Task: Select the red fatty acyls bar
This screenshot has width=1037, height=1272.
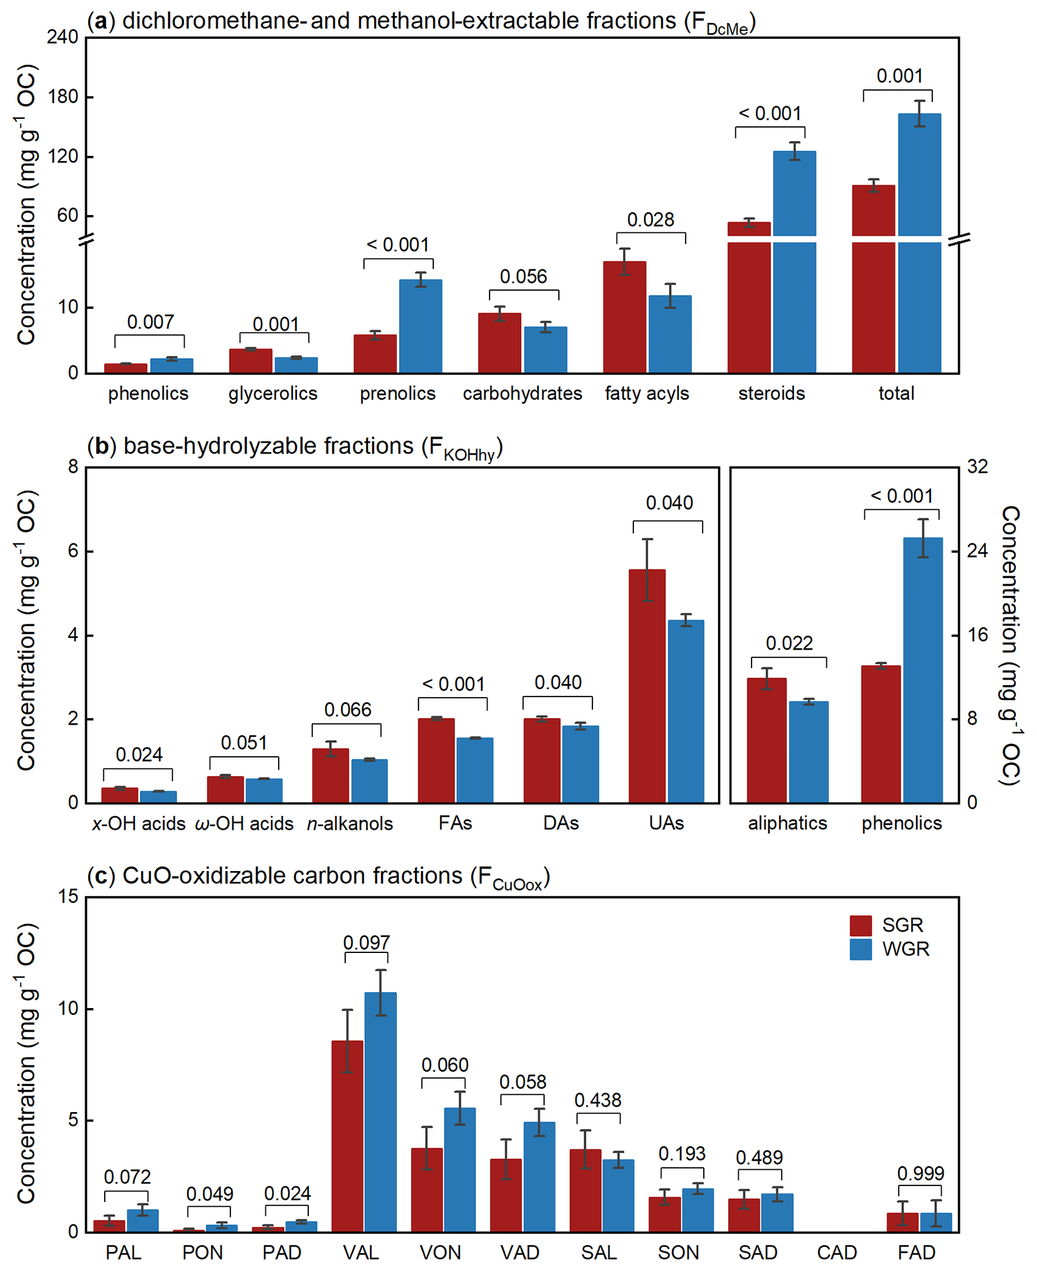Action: [624, 317]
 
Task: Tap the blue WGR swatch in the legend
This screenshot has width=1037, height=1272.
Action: [860, 949]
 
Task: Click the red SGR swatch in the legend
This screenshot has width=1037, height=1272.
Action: [860, 925]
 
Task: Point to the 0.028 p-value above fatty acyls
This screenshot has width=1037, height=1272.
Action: [650, 220]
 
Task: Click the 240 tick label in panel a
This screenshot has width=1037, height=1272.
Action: [62, 37]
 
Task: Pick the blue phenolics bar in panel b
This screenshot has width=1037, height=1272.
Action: [922, 670]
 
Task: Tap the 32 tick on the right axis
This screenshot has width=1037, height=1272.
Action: [977, 467]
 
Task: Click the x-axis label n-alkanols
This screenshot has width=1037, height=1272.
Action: [349, 823]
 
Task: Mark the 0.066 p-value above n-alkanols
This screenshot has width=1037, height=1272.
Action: [347, 710]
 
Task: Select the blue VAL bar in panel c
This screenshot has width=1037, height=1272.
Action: [380, 1111]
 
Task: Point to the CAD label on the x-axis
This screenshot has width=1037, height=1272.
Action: [837, 1253]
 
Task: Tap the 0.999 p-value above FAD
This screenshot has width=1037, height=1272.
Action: [920, 1173]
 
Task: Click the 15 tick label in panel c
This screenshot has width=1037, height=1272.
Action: [69, 897]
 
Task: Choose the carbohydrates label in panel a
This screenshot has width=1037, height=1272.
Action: [522, 394]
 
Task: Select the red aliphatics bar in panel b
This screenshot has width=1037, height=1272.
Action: [766, 740]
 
